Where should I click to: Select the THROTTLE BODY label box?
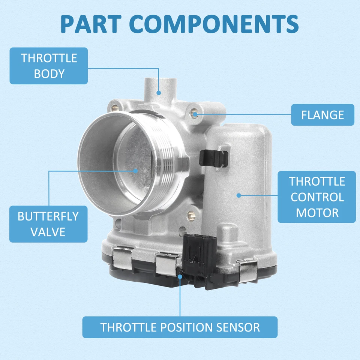point(49,66)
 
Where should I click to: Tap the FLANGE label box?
point(322,115)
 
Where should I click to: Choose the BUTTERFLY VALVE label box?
point(48,224)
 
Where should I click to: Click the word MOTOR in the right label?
point(317,213)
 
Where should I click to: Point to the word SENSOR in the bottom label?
point(237,327)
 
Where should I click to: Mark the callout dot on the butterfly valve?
point(136,170)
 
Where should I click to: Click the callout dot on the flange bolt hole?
point(195,112)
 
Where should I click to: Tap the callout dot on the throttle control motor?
point(238,195)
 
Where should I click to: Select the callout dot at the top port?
point(159,92)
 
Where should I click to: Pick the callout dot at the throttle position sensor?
point(180,276)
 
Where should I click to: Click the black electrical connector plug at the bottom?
point(199,259)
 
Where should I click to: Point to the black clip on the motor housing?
point(214,158)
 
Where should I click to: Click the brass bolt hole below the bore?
point(192,216)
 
